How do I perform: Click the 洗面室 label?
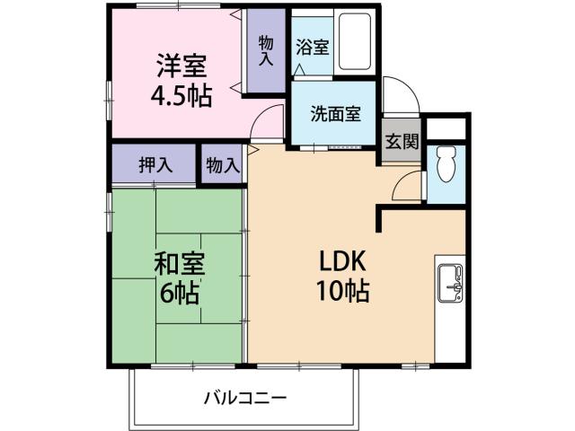[336, 114]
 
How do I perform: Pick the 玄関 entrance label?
[402, 141]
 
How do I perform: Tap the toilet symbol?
[445, 167]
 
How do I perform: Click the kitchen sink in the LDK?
[449, 287]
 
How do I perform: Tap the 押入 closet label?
[155, 165]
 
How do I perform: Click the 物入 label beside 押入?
[222, 165]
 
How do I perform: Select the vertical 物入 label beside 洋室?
[267, 50]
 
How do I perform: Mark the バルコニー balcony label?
[244, 397]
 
